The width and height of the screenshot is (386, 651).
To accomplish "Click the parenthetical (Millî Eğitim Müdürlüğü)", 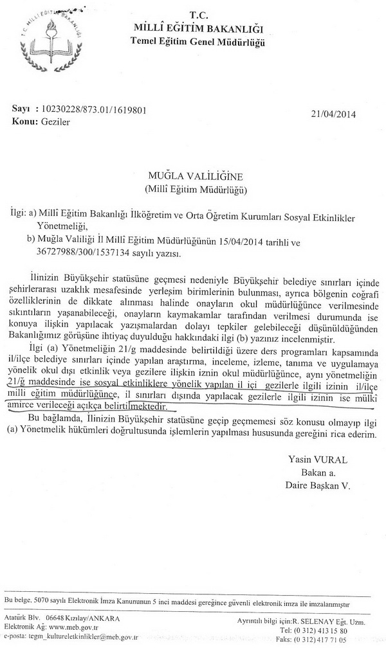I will pos(192,190).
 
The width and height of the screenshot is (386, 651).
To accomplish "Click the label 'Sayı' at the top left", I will pos(21,110).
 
